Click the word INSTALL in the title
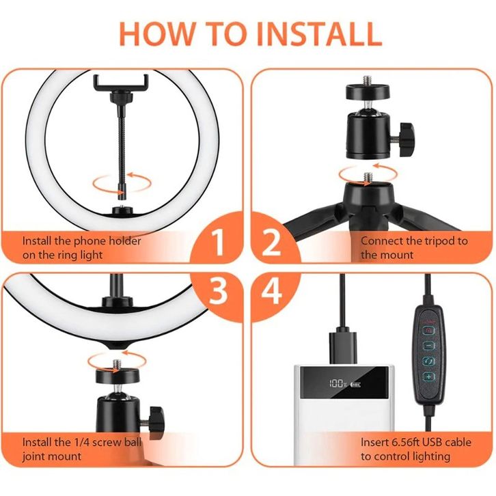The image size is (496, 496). tap(319, 34)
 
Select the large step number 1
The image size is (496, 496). tap(218, 243)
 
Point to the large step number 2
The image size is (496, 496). tap(271, 243)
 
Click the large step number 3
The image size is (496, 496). tap(218, 290)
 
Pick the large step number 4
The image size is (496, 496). tap(272, 290)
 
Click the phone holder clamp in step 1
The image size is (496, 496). tap(121, 83)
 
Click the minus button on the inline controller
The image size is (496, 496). tap(429, 346)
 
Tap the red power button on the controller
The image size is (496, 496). tap(429, 331)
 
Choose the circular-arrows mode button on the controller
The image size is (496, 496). tap(429, 361)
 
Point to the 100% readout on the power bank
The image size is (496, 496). tap(337, 384)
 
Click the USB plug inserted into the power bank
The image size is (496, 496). tap(343, 348)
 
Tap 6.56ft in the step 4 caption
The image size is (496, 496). tap(406, 442)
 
